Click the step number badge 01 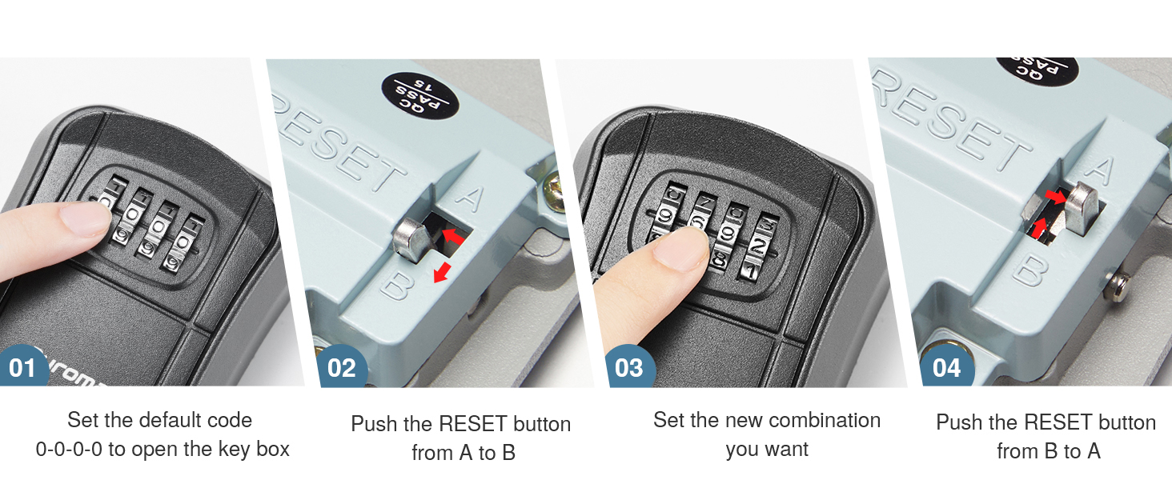point(22,368)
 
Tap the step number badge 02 point(342,368)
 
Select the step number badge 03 point(628,368)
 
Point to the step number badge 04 point(947,368)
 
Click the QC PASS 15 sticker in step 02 point(420,95)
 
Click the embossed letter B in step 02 point(393,285)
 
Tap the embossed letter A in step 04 point(1102,170)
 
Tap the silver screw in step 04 point(1118,282)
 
